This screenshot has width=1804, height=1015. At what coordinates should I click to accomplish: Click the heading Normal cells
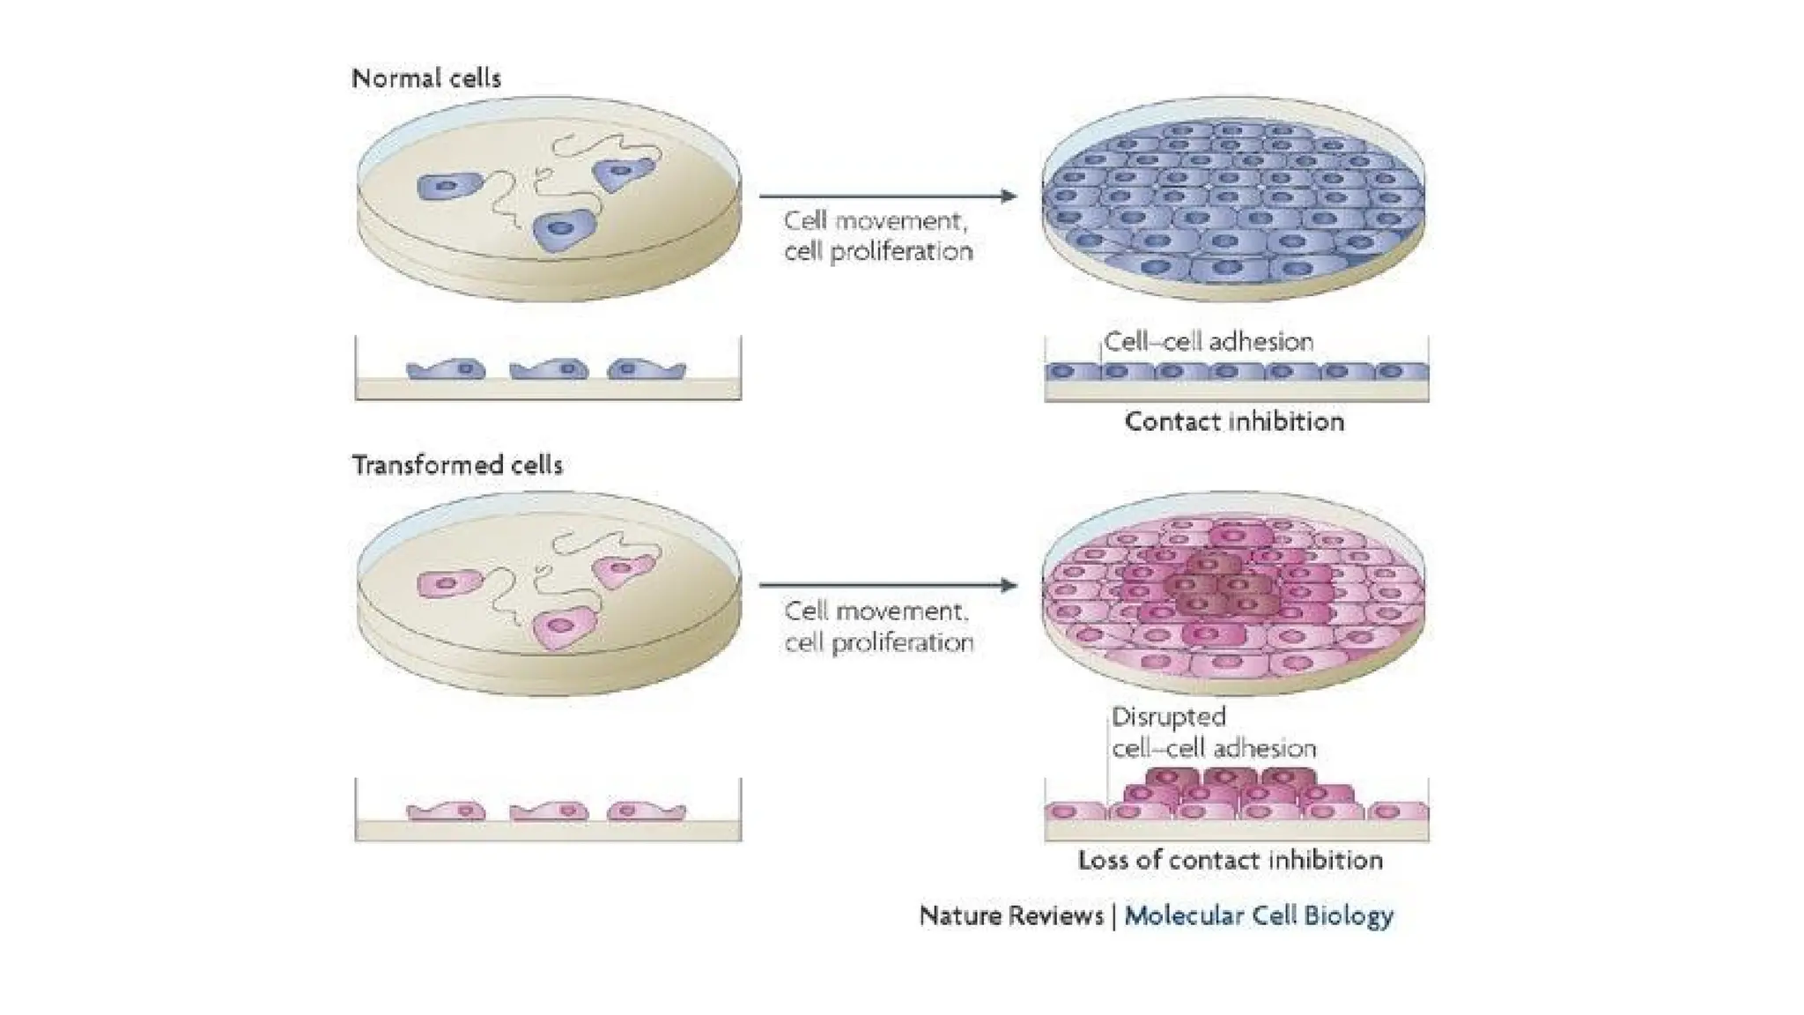(x=426, y=78)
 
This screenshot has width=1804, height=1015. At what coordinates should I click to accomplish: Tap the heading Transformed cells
(x=457, y=465)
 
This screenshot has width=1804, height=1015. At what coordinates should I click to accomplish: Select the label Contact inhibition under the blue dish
(x=1234, y=422)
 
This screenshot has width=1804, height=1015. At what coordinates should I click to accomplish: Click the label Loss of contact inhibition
(x=1230, y=860)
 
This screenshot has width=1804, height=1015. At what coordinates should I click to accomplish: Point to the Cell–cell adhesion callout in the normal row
(x=1209, y=342)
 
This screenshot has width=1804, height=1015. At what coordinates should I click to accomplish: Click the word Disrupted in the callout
(x=1168, y=717)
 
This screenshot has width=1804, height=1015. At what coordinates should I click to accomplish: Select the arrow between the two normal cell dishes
(x=887, y=196)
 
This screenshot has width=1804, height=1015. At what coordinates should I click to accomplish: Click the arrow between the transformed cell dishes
(x=887, y=585)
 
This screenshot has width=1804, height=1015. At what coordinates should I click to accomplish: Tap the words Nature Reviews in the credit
(x=1011, y=916)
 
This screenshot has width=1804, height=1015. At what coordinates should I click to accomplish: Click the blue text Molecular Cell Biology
(x=1259, y=916)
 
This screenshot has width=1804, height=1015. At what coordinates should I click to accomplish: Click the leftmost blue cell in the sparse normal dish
(x=447, y=187)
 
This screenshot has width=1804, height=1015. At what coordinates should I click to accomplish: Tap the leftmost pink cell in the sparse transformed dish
(x=447, y=583)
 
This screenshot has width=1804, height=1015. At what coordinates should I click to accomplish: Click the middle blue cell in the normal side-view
(x=549, y=370)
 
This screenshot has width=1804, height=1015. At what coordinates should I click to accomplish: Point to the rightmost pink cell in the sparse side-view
(x=646, y=811)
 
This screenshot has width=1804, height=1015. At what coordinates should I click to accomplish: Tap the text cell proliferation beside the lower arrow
(x=879, y=643)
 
